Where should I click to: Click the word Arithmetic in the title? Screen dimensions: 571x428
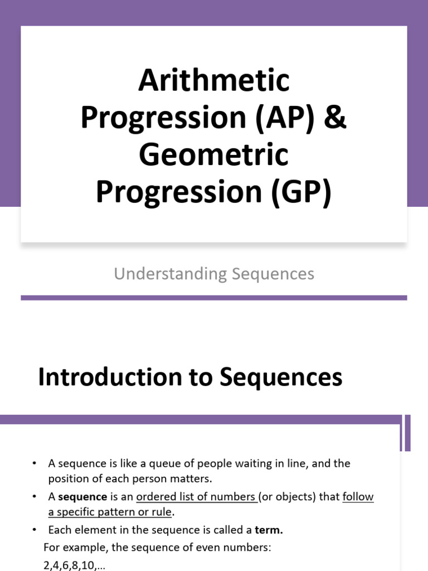pos(214,81)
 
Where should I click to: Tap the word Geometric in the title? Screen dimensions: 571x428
pos(214,155)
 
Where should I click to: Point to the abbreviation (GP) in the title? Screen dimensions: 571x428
pos(301,192)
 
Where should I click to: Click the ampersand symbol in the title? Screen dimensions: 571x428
pos(335,118)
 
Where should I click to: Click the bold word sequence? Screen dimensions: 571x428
pos(82,497)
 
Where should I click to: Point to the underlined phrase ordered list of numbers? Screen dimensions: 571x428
pos(196,497)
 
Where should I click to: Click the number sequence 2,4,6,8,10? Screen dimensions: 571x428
pos(70,565)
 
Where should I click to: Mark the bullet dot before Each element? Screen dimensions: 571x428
pos(34,530)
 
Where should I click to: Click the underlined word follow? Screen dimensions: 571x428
pos(358,497)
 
